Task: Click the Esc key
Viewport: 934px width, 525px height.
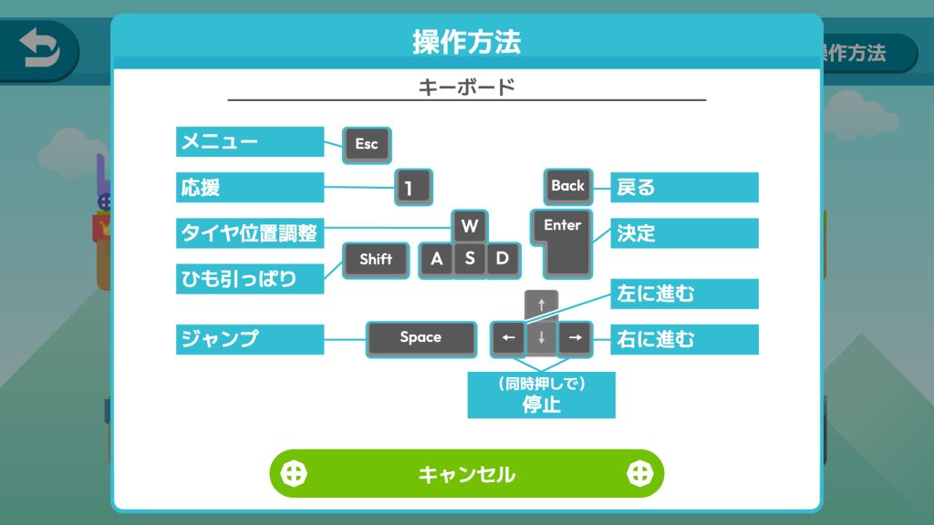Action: point(367,145)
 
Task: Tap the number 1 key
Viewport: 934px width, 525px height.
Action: point(413,188)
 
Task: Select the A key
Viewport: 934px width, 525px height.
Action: point(436,260)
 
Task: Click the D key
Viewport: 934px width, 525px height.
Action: point(503,260)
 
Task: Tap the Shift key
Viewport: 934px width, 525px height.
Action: point(376,260)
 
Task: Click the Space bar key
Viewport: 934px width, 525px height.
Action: point(421,339)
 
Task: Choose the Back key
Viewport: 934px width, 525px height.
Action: point(568,186)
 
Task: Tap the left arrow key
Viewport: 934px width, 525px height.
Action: point(507,339)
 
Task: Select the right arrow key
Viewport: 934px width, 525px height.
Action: point(575,339)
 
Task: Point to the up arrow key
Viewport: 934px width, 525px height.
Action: point(542,305)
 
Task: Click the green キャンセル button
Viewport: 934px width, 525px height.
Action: point(466,474)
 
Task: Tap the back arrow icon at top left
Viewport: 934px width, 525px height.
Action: point(39,49)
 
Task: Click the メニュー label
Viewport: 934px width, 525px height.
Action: point(250,141)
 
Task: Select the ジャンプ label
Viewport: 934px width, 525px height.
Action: point(250,339)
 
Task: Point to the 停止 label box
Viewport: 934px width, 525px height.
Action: point(542,396)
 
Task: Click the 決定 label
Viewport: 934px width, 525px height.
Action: point(684,232)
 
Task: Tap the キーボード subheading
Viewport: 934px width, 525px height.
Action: point(466,87)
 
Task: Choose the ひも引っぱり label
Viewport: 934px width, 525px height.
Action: point(250,279)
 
